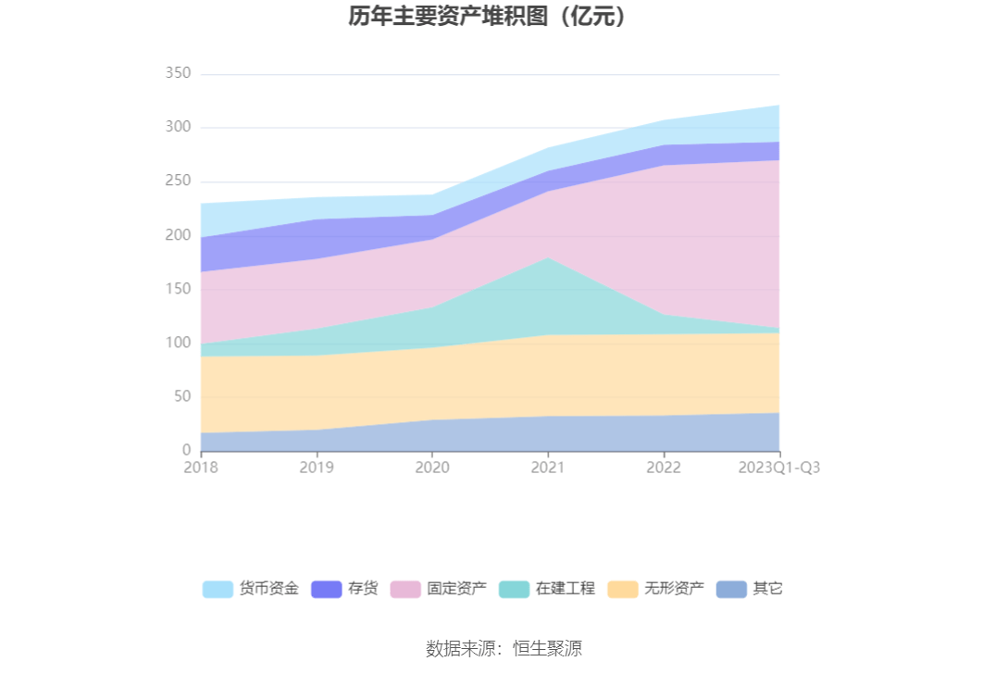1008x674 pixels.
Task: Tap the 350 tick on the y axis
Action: pos(176,73)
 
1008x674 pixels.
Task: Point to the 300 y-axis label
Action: pos(176,127)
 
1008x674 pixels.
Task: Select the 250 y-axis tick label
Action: pos(176,181)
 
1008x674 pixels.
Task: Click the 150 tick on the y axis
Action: pos(176,289)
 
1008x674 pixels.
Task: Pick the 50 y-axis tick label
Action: pos(180,396)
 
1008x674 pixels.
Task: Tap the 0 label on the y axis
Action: pos(186,450)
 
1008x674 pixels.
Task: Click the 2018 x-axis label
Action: pos(201,468)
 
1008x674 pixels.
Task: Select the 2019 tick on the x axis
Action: pos(317,468)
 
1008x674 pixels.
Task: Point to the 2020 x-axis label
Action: pos(432,468)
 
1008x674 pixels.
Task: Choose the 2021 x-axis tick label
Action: pos(548,468)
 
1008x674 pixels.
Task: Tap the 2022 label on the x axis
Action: pos(664,468)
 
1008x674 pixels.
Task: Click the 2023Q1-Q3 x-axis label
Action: pos(778,468)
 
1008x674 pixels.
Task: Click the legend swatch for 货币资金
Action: pos(218,589)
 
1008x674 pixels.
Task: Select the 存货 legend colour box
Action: pos(327,589)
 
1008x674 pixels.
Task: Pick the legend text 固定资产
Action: pos(456,589)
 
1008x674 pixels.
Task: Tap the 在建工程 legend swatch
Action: pos(514,589)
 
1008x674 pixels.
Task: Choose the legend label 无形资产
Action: pos(674,589)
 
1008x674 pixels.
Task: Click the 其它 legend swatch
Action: pos(731,589)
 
